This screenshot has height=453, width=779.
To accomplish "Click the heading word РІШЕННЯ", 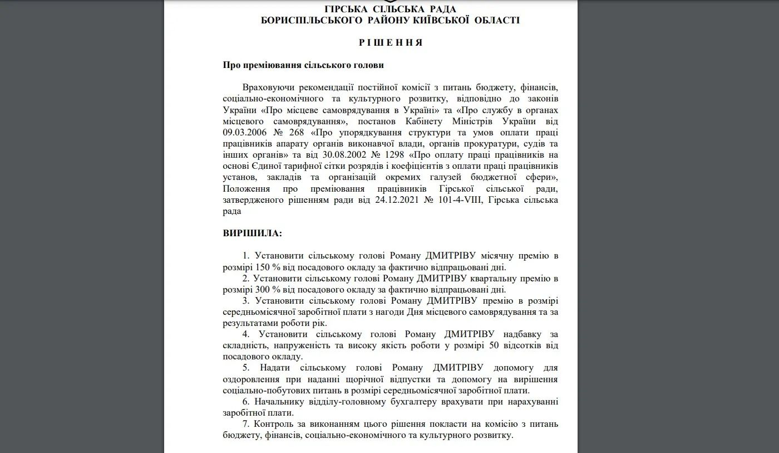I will pos(390,42).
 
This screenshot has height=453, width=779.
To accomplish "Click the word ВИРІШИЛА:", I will pos(252,233).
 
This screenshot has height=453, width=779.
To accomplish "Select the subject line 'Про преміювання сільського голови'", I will pos(303,65).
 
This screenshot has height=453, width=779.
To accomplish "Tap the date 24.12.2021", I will pos(393,199).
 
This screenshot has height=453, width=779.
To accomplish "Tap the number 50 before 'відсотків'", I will pos(493,345).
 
